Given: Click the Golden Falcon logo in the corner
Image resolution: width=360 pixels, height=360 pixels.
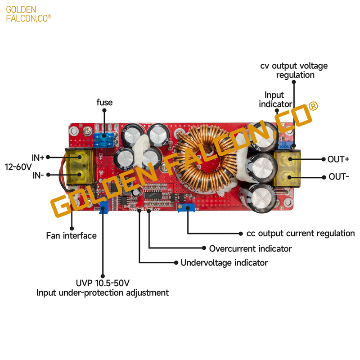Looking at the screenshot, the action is (x=29, y=14).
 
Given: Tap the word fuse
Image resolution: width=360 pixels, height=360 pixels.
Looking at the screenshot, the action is (x=104, y=102).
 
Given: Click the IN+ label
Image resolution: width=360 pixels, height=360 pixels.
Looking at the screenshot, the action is (x=38, y=158).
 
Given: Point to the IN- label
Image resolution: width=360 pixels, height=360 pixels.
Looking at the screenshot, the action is (x=38, y=175).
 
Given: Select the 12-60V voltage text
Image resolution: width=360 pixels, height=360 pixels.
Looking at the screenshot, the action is (x=18, y=167).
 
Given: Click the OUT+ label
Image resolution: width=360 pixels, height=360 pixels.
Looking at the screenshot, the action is (x=338, y=159).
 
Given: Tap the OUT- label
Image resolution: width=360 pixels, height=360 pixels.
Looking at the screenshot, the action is (x=339, y=176).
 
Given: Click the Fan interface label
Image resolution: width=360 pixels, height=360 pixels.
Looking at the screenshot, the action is (x=72, y=235).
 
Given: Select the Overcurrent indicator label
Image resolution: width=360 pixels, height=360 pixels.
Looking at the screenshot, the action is (x=251, y=248).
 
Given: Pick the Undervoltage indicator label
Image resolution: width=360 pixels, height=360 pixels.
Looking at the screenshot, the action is (x=224, y=263).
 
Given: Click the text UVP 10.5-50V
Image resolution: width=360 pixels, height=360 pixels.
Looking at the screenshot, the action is (x=103, y=283).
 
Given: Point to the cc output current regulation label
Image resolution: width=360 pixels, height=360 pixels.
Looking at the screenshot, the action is (x=301, y=233).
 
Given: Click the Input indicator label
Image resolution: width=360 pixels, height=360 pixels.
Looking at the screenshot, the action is (x=275, y=99).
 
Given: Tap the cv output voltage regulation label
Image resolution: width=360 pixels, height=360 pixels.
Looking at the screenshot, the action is (x=294, y=70).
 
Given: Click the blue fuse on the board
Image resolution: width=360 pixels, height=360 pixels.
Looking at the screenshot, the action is (x=104, y=140).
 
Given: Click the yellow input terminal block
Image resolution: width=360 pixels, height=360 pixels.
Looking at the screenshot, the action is (x=80, y=166).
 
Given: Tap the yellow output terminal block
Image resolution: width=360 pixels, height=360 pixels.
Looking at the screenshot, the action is (x=287, y=169).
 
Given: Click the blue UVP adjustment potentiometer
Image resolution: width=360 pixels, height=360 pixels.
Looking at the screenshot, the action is (x=103, y=205).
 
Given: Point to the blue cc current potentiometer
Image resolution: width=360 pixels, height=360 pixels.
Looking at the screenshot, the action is (x=186, y=207).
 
